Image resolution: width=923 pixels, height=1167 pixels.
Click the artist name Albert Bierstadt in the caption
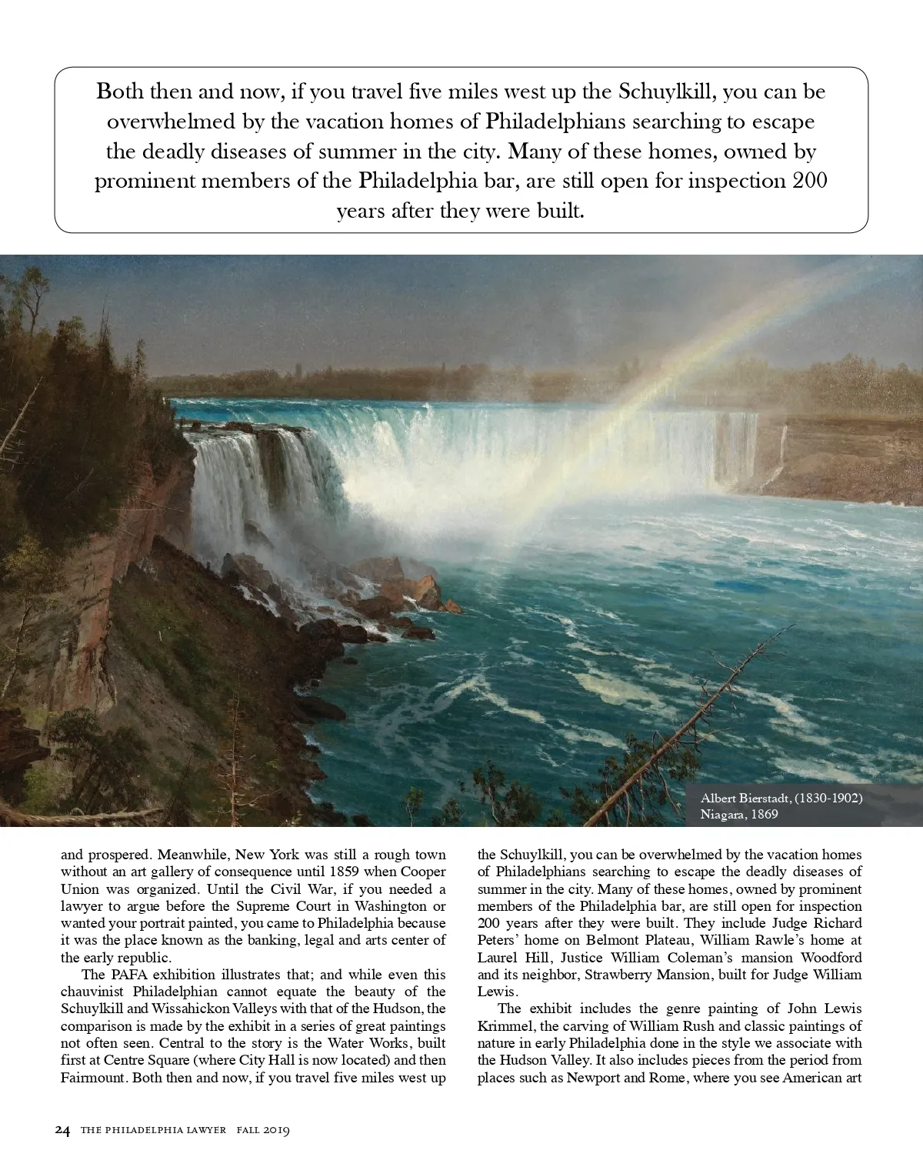pyautogui.click(x=746, y=798)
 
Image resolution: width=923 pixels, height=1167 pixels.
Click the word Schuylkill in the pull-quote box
pyautogui.click(x=668, y=92)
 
